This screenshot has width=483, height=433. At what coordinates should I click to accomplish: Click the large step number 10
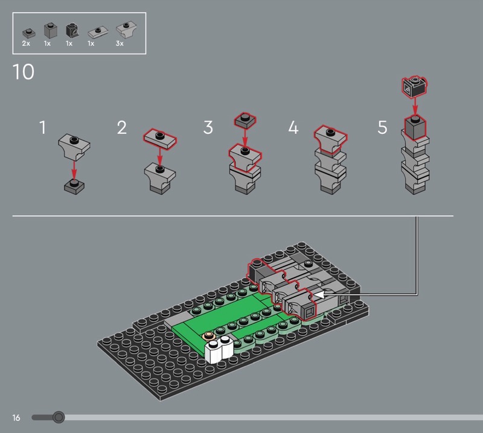click(x=24, y=72)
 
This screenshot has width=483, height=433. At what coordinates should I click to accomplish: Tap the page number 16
click(x=16, y=417)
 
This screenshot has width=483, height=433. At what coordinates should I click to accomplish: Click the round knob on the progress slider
click(x=59, y=417)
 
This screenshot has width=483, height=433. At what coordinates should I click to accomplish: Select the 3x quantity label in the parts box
click(x=120, y=43)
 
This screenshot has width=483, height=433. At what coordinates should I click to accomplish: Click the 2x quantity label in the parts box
click(x=26, y=43)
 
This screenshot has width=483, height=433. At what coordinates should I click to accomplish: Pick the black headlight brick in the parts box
click(x=72, y=31)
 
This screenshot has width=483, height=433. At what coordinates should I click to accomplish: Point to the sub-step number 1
click(x=43, y=127)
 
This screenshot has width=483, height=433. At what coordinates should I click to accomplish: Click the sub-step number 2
click(x=122, y=127)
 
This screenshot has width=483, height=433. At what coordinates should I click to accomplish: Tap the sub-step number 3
click(x=208, y=127)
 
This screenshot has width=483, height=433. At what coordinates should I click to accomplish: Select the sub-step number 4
click(x=293, y=127)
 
